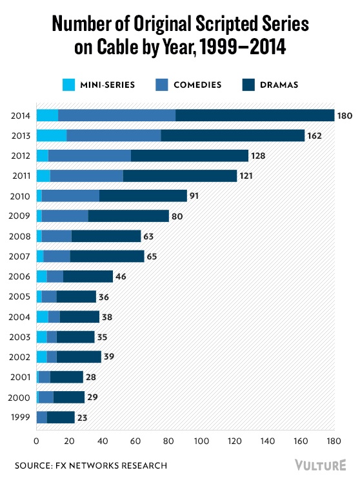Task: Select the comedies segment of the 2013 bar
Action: point(114,136)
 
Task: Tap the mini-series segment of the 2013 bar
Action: point(51,136)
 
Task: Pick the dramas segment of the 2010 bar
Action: point(143,196)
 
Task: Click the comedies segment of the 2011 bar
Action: point(86,176)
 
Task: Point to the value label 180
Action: point(345,116)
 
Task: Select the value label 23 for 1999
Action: point(83,418)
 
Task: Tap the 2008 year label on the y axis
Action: point(20,236)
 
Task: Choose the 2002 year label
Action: point(20,357)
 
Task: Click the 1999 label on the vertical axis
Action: point(20,418)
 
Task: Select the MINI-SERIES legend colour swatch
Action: point(69,84)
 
